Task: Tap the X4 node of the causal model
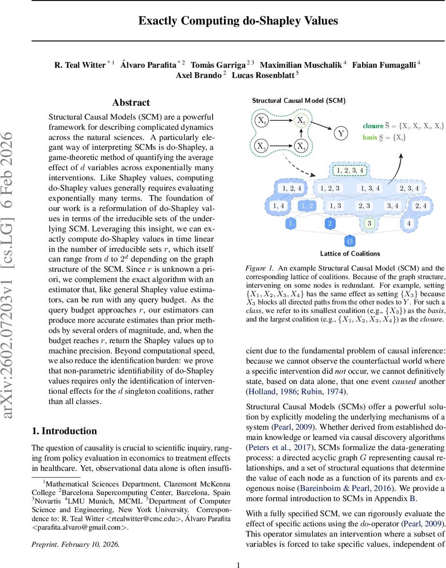point(301,146)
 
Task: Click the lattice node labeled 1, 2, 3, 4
point(349,170)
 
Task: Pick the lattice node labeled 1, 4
point(278,205)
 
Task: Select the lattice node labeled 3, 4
point(393,205)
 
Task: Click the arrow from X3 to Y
point(322,127)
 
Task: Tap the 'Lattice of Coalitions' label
point(349,253)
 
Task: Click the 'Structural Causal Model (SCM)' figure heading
point(298,100)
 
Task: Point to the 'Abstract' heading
point(131,103)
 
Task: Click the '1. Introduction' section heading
point(64,431)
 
